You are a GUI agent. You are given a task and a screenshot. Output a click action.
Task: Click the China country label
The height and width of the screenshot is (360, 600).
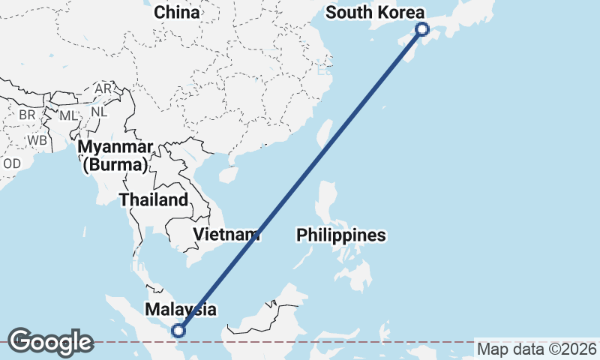[x=177, y=13]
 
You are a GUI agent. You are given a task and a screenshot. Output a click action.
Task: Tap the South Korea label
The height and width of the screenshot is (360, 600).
[x=375, y=13]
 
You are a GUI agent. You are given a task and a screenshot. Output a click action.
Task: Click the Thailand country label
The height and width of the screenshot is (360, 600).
[x=153, y=200]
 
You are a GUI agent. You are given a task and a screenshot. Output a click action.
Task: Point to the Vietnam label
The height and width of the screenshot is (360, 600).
[x=226, y=234]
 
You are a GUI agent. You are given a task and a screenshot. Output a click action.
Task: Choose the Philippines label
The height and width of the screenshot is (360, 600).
[x=341, y=235]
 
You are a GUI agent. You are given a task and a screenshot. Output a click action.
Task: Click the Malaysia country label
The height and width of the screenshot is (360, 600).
[x=181, y=309]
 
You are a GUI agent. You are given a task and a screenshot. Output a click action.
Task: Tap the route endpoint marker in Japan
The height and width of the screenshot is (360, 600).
[x=422, y=29]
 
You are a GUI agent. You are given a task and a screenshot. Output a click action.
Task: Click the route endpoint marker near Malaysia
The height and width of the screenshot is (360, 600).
[x=178, y=330]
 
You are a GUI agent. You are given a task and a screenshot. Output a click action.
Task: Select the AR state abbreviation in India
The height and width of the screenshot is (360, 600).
[x=103, y=88]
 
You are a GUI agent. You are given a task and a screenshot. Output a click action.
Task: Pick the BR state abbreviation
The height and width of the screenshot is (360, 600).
[x=27, y=115]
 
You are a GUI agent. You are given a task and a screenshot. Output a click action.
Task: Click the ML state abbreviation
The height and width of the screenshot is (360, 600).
[x=68, y=115]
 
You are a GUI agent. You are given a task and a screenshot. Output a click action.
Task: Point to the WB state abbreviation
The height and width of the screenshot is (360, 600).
[x=36, y=140]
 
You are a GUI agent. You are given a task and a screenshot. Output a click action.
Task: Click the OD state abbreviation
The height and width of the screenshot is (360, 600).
[x=12, y=163]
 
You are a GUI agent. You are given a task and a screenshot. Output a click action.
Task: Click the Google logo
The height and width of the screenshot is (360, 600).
[x=50, y=341]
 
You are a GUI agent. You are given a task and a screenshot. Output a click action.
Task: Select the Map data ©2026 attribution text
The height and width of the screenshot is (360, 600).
[x=537, y=349]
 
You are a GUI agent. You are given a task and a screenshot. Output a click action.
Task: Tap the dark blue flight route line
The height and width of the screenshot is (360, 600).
[x=300, y=180]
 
